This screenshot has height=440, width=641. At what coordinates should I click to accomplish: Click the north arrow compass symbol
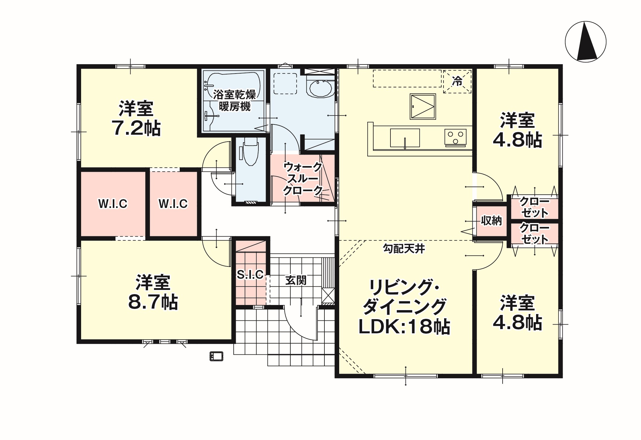586,42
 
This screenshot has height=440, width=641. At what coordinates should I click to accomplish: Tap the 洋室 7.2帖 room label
136,119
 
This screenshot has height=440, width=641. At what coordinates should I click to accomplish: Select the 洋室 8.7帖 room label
153,292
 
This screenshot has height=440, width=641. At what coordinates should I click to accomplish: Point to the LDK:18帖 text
404,327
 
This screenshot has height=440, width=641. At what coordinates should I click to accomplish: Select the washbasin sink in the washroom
320,86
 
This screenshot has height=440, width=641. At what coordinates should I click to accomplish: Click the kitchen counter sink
405,138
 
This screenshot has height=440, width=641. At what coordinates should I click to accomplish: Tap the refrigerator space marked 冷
457,81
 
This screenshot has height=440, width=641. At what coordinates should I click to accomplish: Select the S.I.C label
250,274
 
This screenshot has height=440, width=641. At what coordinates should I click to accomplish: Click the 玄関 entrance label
296,280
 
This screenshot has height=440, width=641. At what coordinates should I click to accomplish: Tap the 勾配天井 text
404,249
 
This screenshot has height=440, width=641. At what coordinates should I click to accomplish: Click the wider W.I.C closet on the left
113,204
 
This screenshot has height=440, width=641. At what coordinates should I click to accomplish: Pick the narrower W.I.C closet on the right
173,204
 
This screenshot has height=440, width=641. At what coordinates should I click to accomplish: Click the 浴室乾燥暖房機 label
235,101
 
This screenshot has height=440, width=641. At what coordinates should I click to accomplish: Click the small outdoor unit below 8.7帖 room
216,356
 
